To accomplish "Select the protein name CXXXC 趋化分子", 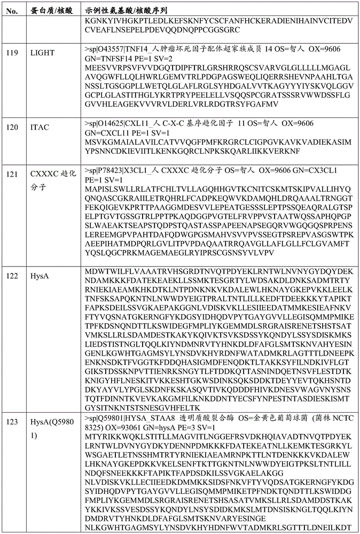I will point(52,181).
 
